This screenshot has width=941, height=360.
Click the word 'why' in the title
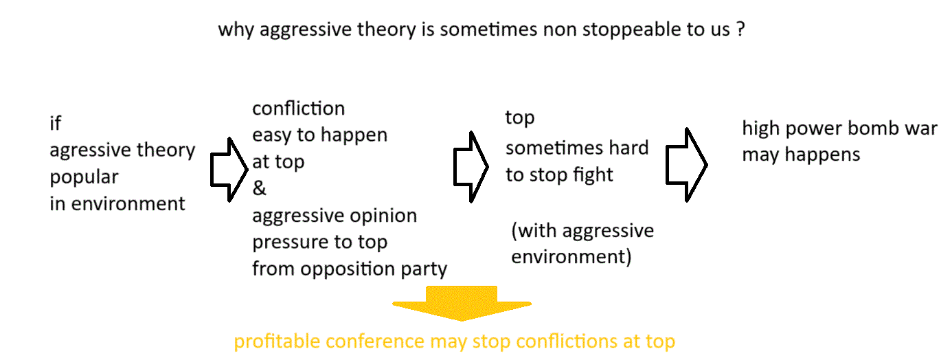pyautogui.click(x=236, y=30)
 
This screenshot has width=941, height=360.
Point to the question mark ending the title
pyautogui.click(x=740, y=29)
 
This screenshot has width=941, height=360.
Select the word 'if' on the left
pyautogui.click(x=56, y=123)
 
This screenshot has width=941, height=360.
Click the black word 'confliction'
pyautogui.click(x=298, y=109)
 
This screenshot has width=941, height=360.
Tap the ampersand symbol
pyautogui.click(x=259, y=188)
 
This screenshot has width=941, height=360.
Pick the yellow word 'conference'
pyautogui.click(x=375, y=341)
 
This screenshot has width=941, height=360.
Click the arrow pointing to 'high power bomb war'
pyautogui.click(x=686, y=165)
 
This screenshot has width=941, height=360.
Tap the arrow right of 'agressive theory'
pyautogui.click(x=229, y=170)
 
